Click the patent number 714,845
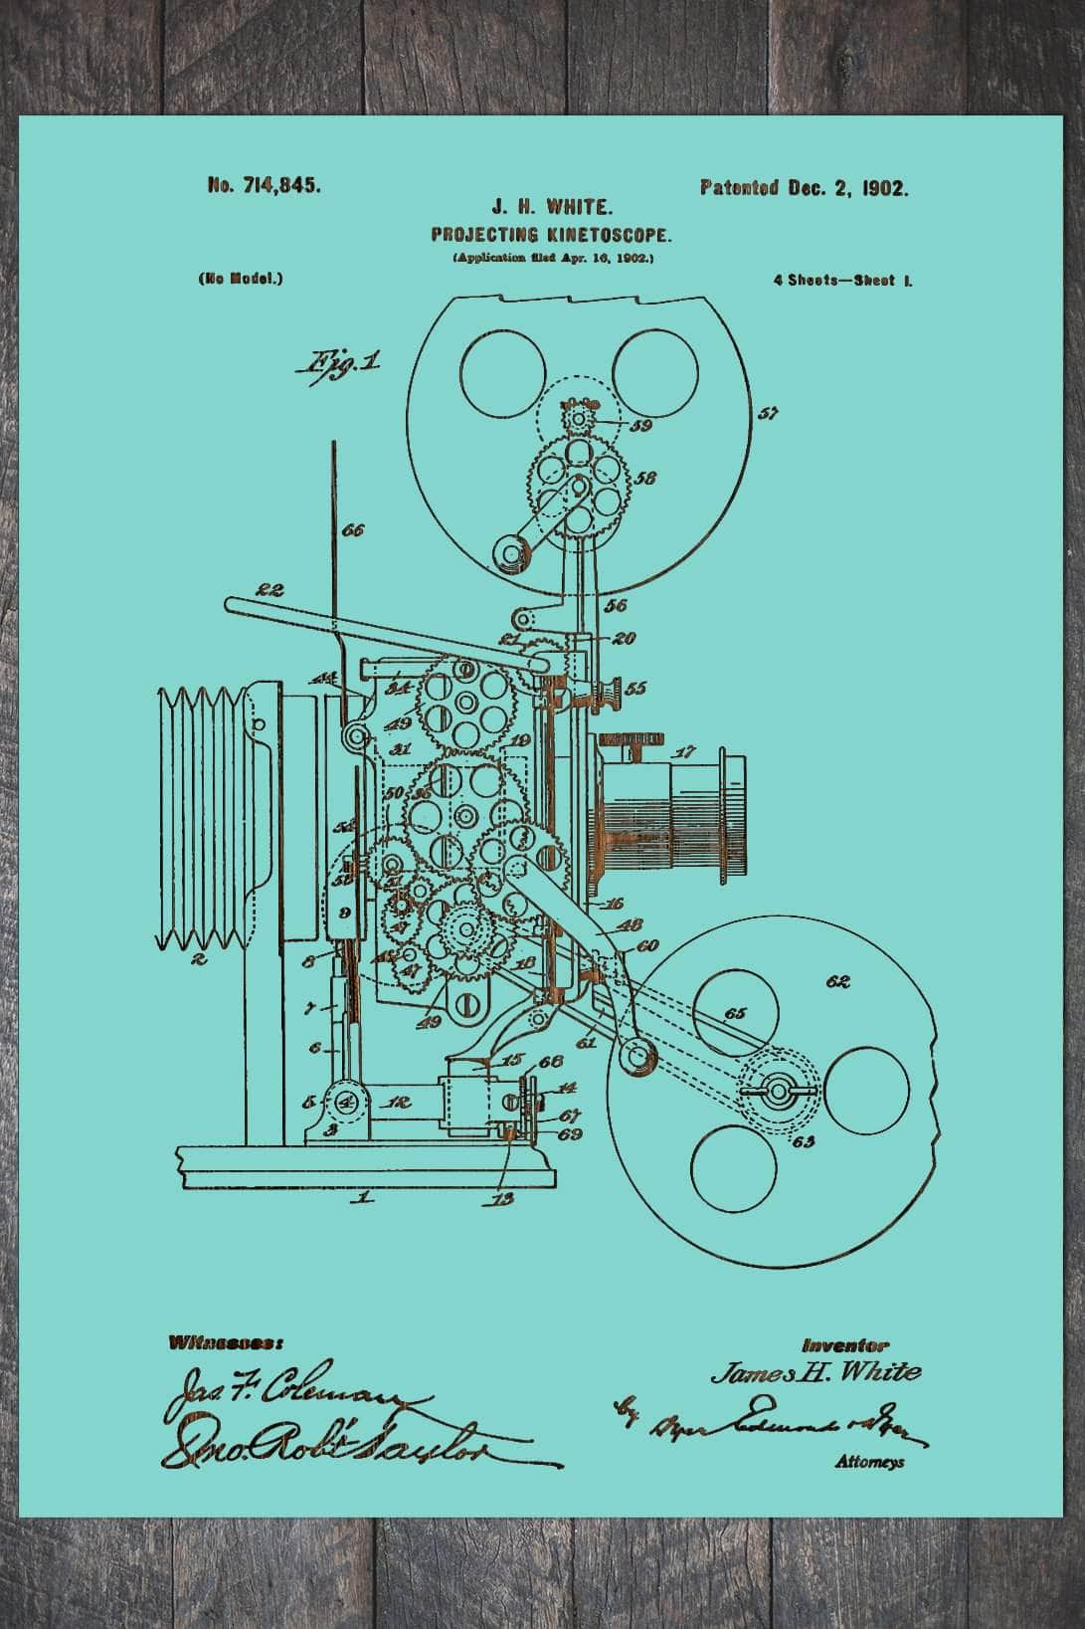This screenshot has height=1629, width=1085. (264, 185)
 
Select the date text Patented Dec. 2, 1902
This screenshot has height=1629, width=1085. (804, 188)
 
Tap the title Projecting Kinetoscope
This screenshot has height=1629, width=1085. (552, 236)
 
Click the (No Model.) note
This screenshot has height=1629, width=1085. (241, 279)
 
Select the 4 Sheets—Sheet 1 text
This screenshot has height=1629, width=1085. (843, 281)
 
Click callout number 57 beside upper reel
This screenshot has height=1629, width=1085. (767, 413)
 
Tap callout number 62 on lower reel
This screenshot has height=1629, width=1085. (838, 981)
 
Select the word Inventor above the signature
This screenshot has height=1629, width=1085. (845, 1344)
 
